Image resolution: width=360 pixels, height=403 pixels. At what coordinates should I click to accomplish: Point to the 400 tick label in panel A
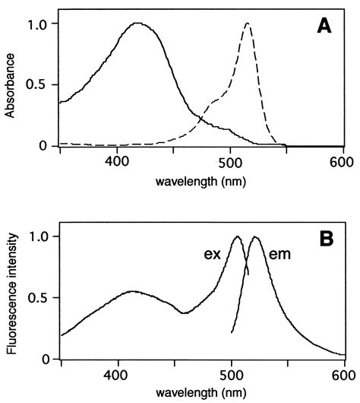pos(117,162)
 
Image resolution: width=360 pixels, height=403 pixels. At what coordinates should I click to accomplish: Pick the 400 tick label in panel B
pos(117,375)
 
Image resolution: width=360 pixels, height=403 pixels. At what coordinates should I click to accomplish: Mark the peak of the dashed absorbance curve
pos(248,24)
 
